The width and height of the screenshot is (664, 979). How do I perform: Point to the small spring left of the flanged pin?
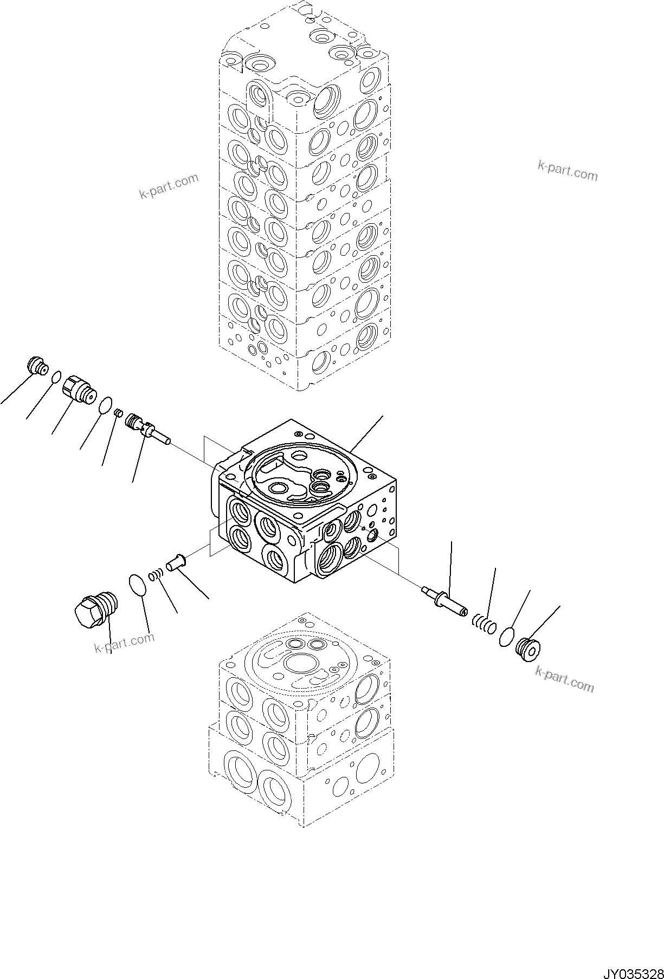(x=156, y=573)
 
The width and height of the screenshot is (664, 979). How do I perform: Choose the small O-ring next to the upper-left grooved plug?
(x=56, y=376)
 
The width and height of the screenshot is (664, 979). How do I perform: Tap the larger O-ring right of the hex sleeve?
(x=106, y=405)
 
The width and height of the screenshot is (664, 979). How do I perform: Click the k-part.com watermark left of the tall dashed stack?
(x=169, y=185)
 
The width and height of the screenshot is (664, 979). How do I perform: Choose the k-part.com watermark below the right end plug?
(x=564, y=679)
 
